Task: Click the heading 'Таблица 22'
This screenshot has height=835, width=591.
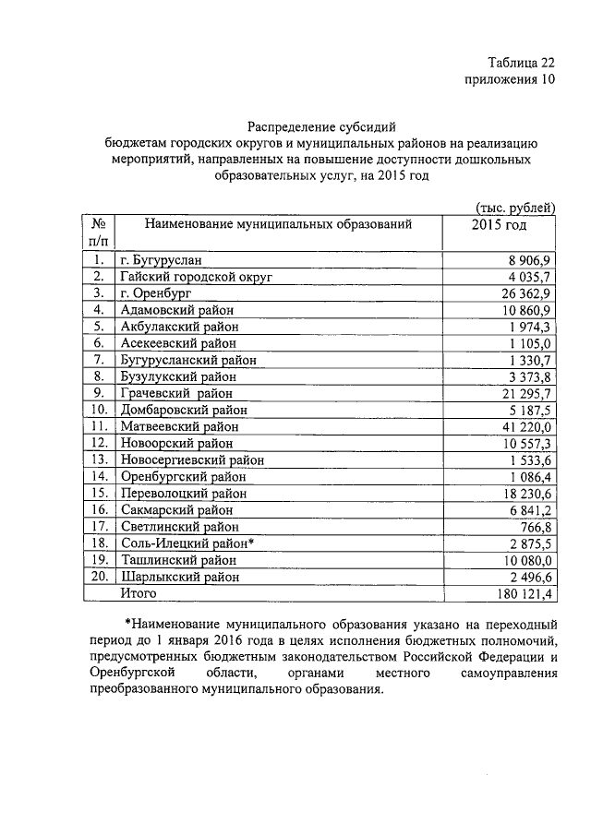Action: (521, 63)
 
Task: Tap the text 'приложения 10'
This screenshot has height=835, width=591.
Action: (509, 80)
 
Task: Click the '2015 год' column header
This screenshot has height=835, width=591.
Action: (499, 224)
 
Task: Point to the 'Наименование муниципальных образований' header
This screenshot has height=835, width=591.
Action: (277, 224)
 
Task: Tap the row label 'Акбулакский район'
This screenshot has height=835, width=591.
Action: (179, 326)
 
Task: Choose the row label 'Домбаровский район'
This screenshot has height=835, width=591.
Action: (183, 410)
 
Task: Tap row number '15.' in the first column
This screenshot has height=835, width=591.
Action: (99, 493)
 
